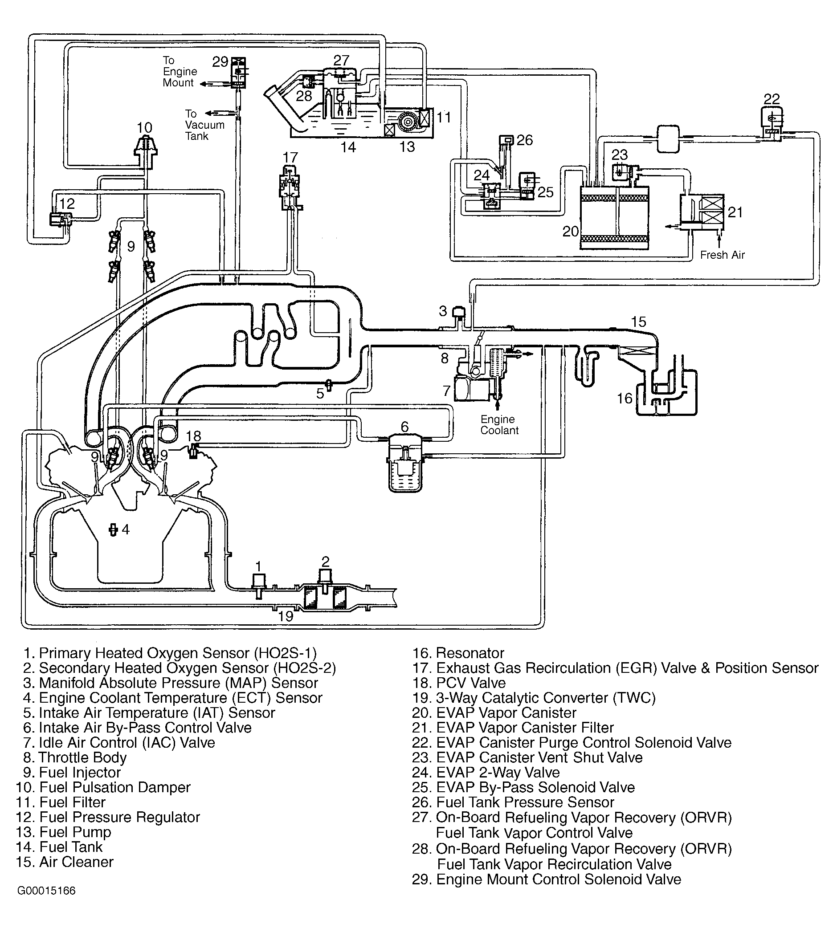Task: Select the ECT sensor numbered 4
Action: (112, 530)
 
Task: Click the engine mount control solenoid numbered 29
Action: (238, 73)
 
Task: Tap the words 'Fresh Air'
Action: (722, 255)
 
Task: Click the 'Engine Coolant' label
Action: (499, 425)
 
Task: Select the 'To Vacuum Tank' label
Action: (204, 125)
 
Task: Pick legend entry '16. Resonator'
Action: (458, 653)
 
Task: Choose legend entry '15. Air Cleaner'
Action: (65, 861)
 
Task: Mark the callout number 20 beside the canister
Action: (570, 231)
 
